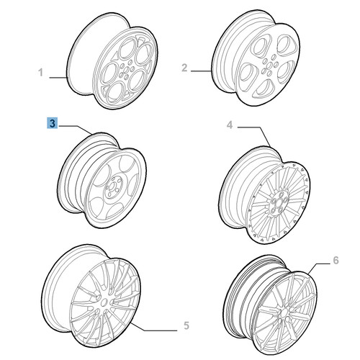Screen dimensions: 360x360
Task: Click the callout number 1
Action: pyautogui.click(x=41, y=72)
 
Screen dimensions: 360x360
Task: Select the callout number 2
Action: pyautogui.click(x=184, y=68)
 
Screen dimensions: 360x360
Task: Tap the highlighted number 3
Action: pyautogui.click(x=53, y=123)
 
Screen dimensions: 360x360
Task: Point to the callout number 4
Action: pyautogui.click(x=230, y=125)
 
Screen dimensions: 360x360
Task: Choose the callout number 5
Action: pyautogui.click(x=186, y=325)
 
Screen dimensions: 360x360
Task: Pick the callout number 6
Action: pyautogui.click(x=336, y=260)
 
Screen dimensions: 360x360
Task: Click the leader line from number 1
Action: pyautogui.click(x=58, y=78)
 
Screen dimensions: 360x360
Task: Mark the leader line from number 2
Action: pyautogui.click(x=202, y=71)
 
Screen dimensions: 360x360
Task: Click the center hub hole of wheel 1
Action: pyautogui.click(x=127, y=70)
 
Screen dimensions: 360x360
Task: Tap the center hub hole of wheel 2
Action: pyautogui.click(x=269, y=64)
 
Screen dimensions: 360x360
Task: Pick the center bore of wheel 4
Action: pyautogui.click(x=278, y=204)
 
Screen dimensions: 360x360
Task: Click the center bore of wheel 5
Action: pyautogui.click(x=104, y=303)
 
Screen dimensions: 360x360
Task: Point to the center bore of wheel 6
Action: pyautogui.click(x=284, y=312)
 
